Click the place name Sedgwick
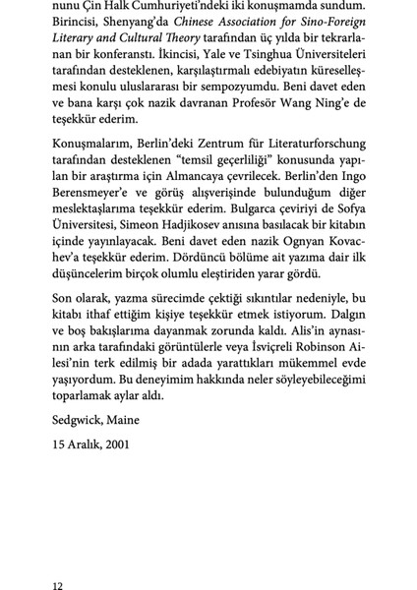tap(82, 421)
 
